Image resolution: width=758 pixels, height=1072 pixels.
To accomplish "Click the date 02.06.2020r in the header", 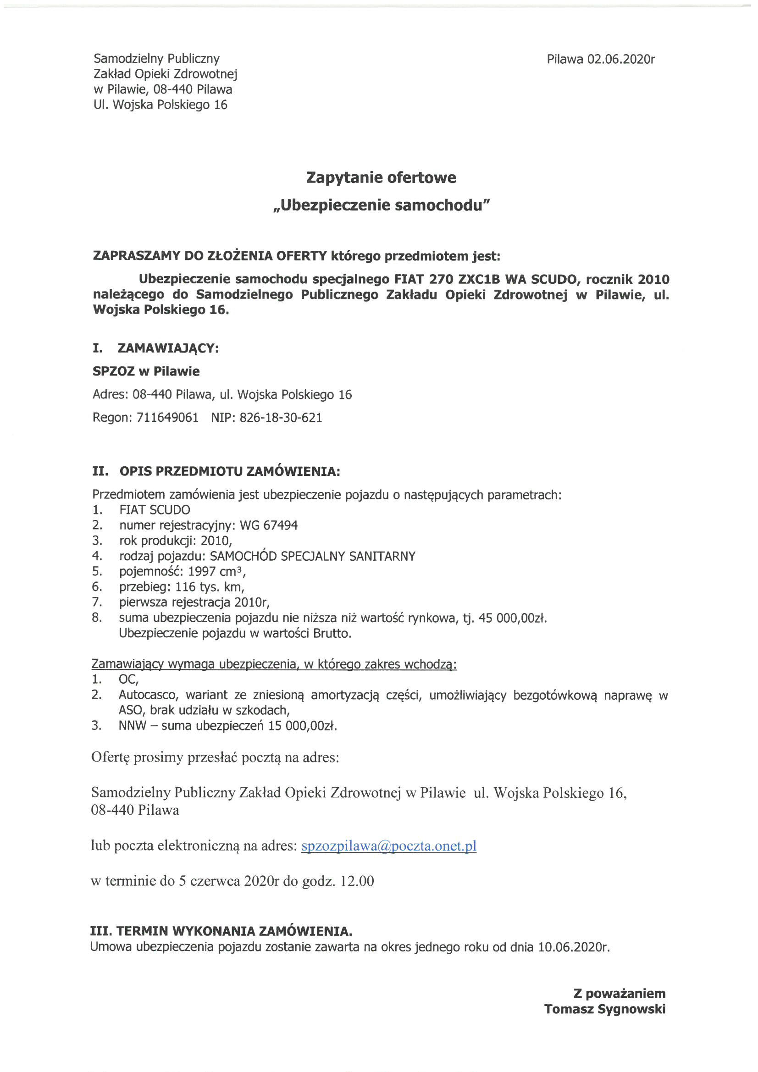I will coord(621,59).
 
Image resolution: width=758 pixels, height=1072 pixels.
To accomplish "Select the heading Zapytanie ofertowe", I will coord(381,178).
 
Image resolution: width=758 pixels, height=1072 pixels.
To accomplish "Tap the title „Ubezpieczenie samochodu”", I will coord(381,205).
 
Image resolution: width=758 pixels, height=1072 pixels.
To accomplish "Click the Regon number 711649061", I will coord(168,417).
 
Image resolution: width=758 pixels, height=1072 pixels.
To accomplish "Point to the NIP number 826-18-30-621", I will coord(281,417).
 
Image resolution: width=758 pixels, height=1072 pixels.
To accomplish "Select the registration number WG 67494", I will coord(269,525).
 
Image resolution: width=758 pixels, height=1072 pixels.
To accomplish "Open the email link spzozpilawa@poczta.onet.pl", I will coord(388,846).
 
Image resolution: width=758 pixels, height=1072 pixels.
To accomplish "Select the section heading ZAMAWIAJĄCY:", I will coord(168,348).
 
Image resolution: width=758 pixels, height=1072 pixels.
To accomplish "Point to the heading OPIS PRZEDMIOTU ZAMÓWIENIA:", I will coord(230,471).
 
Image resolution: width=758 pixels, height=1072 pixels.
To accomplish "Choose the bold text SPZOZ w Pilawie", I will coord(146,372).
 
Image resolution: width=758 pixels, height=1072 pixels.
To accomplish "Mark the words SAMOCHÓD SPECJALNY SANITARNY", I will coord(312,556).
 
